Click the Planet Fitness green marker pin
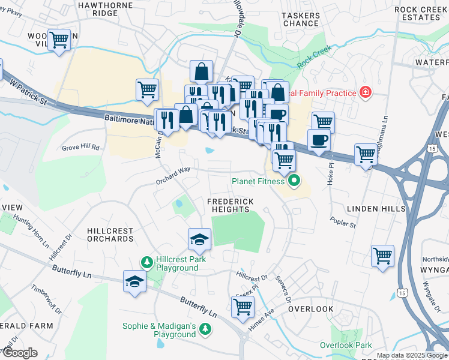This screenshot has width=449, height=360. (294, 180)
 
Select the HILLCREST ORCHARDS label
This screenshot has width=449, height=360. (110, 235)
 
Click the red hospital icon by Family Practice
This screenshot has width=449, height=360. (364, 92)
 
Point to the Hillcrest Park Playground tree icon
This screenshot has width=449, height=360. (146, 262)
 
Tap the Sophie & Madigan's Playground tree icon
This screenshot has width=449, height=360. (205, 329)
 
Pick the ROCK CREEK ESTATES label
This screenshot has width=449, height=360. (421, 13)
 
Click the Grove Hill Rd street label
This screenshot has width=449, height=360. (81, 147)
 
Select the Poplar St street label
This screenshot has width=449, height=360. (343, 222)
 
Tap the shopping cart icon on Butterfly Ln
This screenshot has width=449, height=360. (243, 307)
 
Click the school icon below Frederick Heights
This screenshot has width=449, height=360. (199, 239)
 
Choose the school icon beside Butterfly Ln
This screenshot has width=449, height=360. (134, 281)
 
